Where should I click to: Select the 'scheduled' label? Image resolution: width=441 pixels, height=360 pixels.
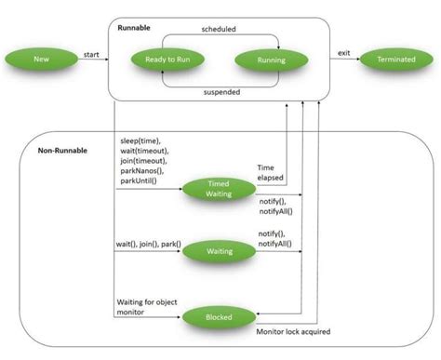218,29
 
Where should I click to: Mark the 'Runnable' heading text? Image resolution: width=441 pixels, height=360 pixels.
135,28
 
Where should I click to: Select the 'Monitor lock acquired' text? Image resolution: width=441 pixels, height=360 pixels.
294,330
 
